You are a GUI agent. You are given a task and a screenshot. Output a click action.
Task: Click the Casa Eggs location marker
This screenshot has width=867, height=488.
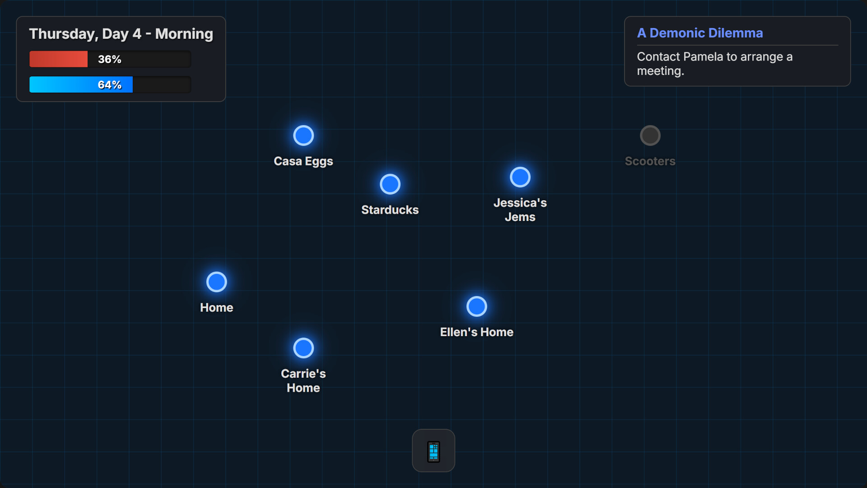coord(303,136)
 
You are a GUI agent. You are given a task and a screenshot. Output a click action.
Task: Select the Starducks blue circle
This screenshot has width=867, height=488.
coord(390,184)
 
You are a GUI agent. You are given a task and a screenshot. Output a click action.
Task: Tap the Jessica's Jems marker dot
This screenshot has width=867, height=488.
coord(520,177)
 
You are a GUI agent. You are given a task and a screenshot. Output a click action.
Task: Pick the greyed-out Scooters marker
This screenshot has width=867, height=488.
coord(650,136)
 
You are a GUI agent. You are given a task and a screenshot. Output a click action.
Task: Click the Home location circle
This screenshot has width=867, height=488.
coord(217,282)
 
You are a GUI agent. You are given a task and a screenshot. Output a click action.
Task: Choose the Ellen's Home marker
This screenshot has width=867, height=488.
coord(477,306)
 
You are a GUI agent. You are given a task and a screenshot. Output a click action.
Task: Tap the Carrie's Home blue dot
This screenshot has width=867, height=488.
coord(303,348)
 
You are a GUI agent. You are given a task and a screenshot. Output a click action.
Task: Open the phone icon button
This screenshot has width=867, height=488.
coord(433,450)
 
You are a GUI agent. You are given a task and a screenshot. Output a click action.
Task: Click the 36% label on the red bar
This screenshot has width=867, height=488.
coord(110,59)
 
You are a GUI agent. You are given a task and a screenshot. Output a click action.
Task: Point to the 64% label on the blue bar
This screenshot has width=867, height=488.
coord(110,85)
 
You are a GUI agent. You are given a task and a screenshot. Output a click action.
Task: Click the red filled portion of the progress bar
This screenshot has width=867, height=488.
coord(59,59)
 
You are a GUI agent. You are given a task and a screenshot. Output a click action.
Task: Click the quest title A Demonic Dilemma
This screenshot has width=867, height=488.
coord(700,33)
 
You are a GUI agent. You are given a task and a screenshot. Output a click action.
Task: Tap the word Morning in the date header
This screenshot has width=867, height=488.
coord(184,34)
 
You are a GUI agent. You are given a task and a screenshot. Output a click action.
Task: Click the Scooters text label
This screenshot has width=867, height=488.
coord(650,161)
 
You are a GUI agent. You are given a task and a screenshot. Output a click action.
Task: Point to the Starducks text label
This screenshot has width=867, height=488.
coord(390,210)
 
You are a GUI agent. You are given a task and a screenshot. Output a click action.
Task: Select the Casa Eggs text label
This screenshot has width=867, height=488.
coord(303,161)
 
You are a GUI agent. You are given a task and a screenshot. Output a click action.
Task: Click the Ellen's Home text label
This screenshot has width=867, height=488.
coord(477,332)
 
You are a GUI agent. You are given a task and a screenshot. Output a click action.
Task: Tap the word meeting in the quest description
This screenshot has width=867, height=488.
coord(659,71)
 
